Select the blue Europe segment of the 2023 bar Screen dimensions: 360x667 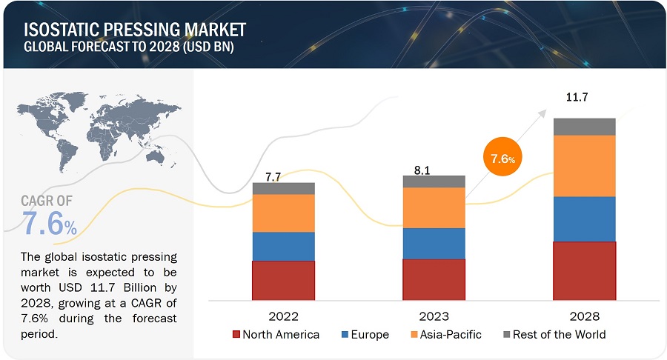434,243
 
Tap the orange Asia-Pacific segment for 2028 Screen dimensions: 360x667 585,165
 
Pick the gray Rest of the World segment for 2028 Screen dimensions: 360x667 585,127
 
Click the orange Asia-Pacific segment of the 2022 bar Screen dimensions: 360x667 284,213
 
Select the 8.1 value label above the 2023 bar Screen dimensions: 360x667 422,170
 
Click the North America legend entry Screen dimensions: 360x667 276,335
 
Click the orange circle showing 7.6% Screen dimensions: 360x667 502,158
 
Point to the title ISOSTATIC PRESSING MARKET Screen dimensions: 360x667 136,30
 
